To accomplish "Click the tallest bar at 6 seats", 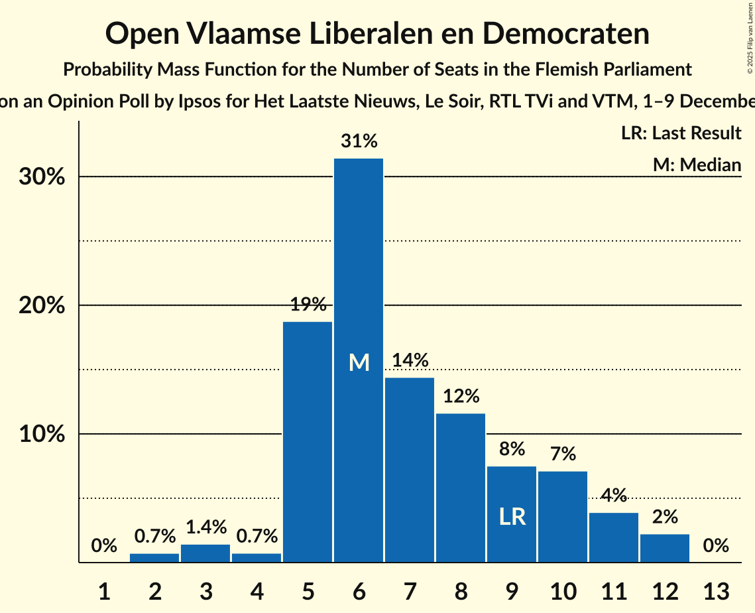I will tap(359, 265).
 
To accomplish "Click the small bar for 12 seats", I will tap(665, 548).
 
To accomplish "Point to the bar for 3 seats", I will tap(205, 553).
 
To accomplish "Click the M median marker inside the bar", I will tap(359, 362).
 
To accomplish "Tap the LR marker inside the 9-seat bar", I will tap(512, 517).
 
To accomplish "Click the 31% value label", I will tap(359, 141).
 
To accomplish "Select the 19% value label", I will tap(308, 305).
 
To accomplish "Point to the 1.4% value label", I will tap(205, 527).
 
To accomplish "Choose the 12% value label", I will tap(461, 396).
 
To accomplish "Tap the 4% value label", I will tap(614, 495).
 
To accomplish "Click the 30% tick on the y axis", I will tap(45, 178).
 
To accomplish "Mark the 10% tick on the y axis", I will tap(45, 435).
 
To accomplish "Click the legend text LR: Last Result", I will tap(681, 133).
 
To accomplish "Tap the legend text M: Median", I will tap(697, 165).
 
